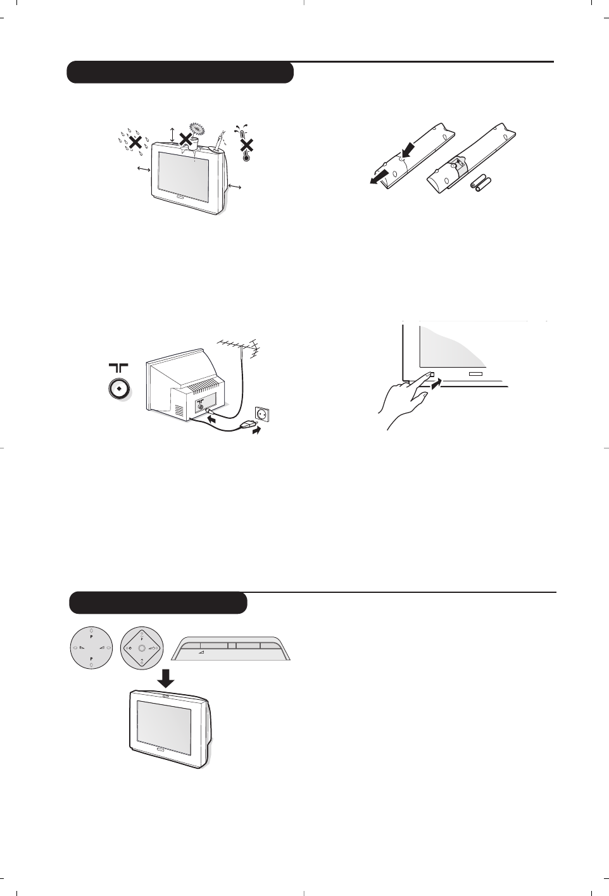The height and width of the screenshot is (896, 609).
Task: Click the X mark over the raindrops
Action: pyautogui.click(x=134, y=142)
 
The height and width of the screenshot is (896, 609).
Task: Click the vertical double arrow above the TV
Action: pyautogui.click(x=172, y=133)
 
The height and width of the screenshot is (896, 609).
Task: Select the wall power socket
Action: pyautogui.click(x=262, y=414)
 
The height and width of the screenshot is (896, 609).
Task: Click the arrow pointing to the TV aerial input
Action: pyautogui.click(x=215, y=419)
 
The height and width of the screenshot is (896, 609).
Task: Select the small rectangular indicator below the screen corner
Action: pyautogui.click(x=475, y=373)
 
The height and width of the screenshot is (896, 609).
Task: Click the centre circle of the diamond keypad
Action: pyautogui.click(x=141, y=649)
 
